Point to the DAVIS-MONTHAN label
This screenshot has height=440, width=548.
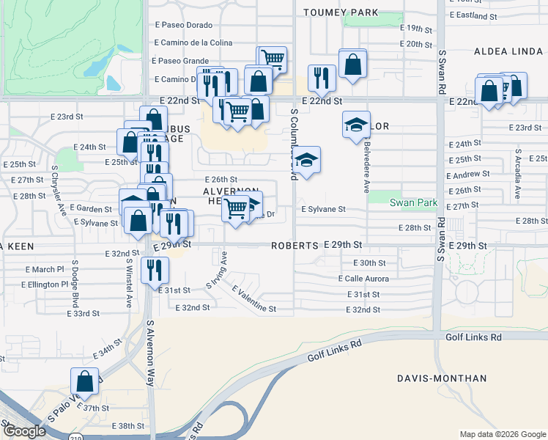pos(441,378)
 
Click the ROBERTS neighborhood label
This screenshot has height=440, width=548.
pos(295,246)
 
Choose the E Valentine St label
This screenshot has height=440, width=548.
pos(254,300)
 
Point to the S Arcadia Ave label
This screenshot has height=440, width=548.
pos(517,177)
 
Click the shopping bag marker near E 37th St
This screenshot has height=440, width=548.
pos(84,381)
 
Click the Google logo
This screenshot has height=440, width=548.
pos(24,431)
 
